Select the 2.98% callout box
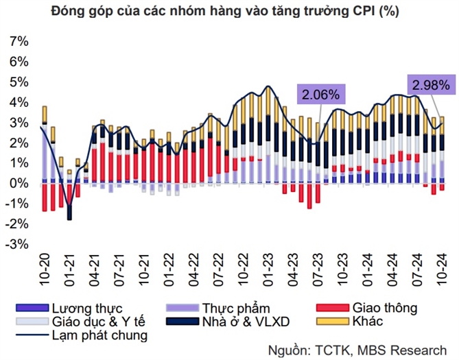tap(431, 85)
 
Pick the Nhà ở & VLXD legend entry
tap(244, 321)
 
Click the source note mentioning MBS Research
tap(363, 349)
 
